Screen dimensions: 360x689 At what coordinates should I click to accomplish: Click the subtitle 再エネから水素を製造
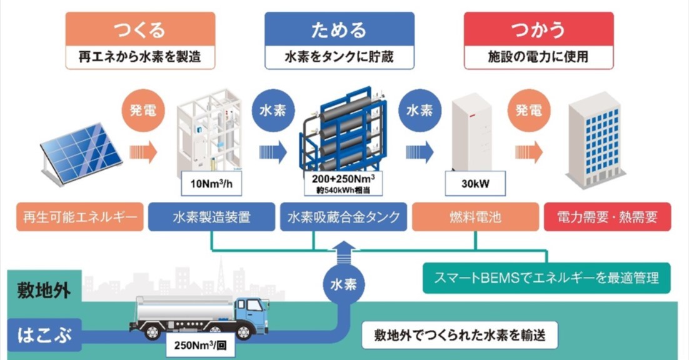[140, 58]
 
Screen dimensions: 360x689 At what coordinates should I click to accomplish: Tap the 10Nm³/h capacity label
[210, 183]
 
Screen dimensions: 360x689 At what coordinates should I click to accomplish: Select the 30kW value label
[476, 183]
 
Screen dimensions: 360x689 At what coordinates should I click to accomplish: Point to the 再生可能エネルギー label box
[79, 217]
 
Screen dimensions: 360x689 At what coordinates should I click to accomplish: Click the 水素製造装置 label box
[211, 217]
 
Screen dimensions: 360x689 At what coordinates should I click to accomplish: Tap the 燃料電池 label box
[475, 217]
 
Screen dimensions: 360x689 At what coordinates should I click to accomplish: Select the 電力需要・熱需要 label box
[607, 217]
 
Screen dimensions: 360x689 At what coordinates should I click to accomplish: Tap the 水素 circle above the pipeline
[343, 284]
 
